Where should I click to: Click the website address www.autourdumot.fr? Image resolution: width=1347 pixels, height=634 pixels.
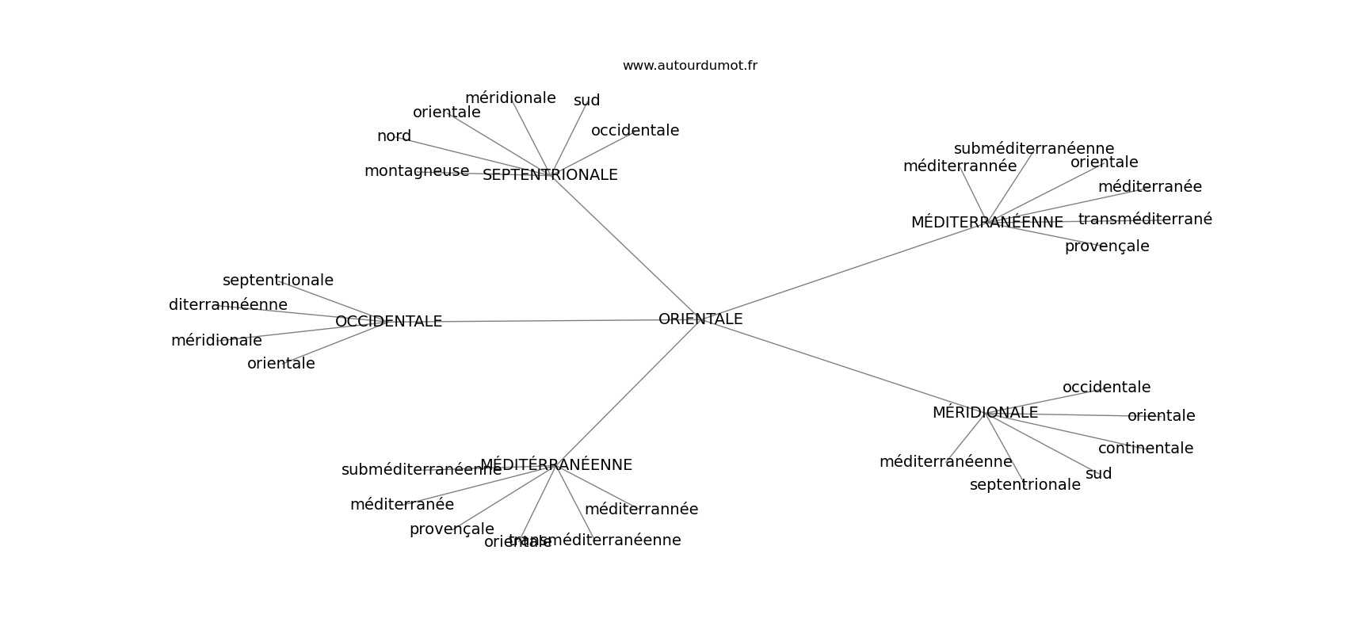[x=689, y=66]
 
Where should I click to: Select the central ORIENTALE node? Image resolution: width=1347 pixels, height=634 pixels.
[x=700, y=319]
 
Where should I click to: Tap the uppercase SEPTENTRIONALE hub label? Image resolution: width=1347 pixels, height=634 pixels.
[x=550, y=175]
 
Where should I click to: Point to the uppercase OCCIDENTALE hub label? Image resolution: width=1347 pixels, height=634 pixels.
[x=388, y=322]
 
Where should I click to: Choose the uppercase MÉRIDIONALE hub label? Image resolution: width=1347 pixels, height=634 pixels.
[x=985, y=413]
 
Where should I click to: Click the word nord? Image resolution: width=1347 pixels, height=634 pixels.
[x=394, y=136]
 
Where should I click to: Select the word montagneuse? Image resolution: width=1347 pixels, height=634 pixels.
[x=417, y=171]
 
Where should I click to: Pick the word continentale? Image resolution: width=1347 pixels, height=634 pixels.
[x=1145, y=449]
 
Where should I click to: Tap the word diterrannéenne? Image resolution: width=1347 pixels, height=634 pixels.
[x=228, y=305]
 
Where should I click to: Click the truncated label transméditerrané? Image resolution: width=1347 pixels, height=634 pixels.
[x=1145, y=220]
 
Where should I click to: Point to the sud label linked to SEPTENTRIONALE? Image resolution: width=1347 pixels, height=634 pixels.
[x=586, y=101]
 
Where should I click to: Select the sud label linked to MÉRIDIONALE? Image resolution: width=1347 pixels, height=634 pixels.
[x=1098, y=474]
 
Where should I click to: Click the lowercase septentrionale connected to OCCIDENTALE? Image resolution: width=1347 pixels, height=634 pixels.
[x=278, y=281]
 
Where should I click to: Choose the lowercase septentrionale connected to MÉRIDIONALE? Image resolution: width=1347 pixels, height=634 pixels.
[x=1025, y=485]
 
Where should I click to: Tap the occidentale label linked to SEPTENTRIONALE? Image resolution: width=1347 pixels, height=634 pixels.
[x=635, y=131]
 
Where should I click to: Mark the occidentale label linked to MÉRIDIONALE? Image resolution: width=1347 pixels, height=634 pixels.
[x=1106, y=388]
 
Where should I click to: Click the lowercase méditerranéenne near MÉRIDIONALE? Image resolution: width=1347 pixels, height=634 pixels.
[x=945, y=462]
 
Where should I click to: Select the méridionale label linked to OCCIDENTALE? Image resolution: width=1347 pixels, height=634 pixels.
[x=216, y=341]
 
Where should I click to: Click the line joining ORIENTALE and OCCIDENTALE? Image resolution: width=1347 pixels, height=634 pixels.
[x=547, y=321]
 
